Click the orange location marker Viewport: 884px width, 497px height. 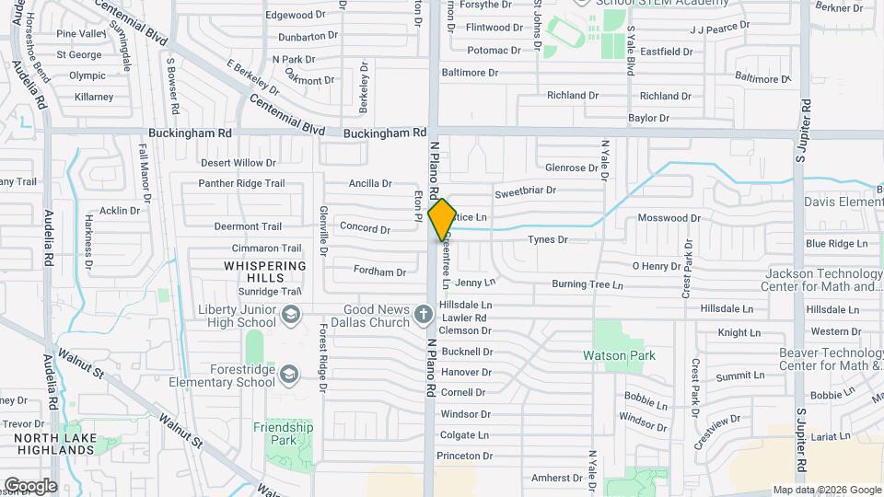click(442, 220)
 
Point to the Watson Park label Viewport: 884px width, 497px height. click(617, 355)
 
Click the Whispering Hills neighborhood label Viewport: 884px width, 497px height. click(264, 272)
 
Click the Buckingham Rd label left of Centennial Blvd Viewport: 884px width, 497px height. click(200, 133)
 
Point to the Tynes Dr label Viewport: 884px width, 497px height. click(547, 239)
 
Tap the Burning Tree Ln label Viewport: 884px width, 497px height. click(587, 284)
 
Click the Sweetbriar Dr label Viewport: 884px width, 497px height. click(525, 191)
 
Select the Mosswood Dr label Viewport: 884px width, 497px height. click(669, 218)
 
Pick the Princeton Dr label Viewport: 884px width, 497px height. click(465, 457)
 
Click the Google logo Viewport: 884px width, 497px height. click(30, 485)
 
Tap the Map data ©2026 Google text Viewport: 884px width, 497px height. click(826, 490)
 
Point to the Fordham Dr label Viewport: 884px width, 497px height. click(379, 272)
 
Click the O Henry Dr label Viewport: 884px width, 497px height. click(656, 266)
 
